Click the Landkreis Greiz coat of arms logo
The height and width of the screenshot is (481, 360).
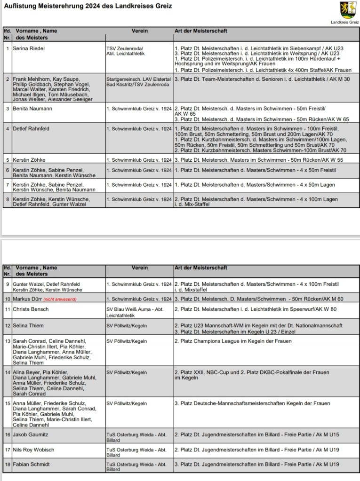[348, 9]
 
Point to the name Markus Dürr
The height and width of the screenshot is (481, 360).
[27, 299]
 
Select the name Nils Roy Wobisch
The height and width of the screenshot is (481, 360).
[33, 450]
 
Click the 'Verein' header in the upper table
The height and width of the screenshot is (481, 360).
[139, 31]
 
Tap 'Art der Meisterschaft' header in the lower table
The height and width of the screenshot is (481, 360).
[200, 268]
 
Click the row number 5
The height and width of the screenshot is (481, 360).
[7, 159]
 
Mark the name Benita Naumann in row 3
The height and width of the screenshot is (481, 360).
[32, 109]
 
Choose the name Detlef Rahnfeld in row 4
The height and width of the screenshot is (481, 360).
[31, 129]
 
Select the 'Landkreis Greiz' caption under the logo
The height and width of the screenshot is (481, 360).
[344, 22]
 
